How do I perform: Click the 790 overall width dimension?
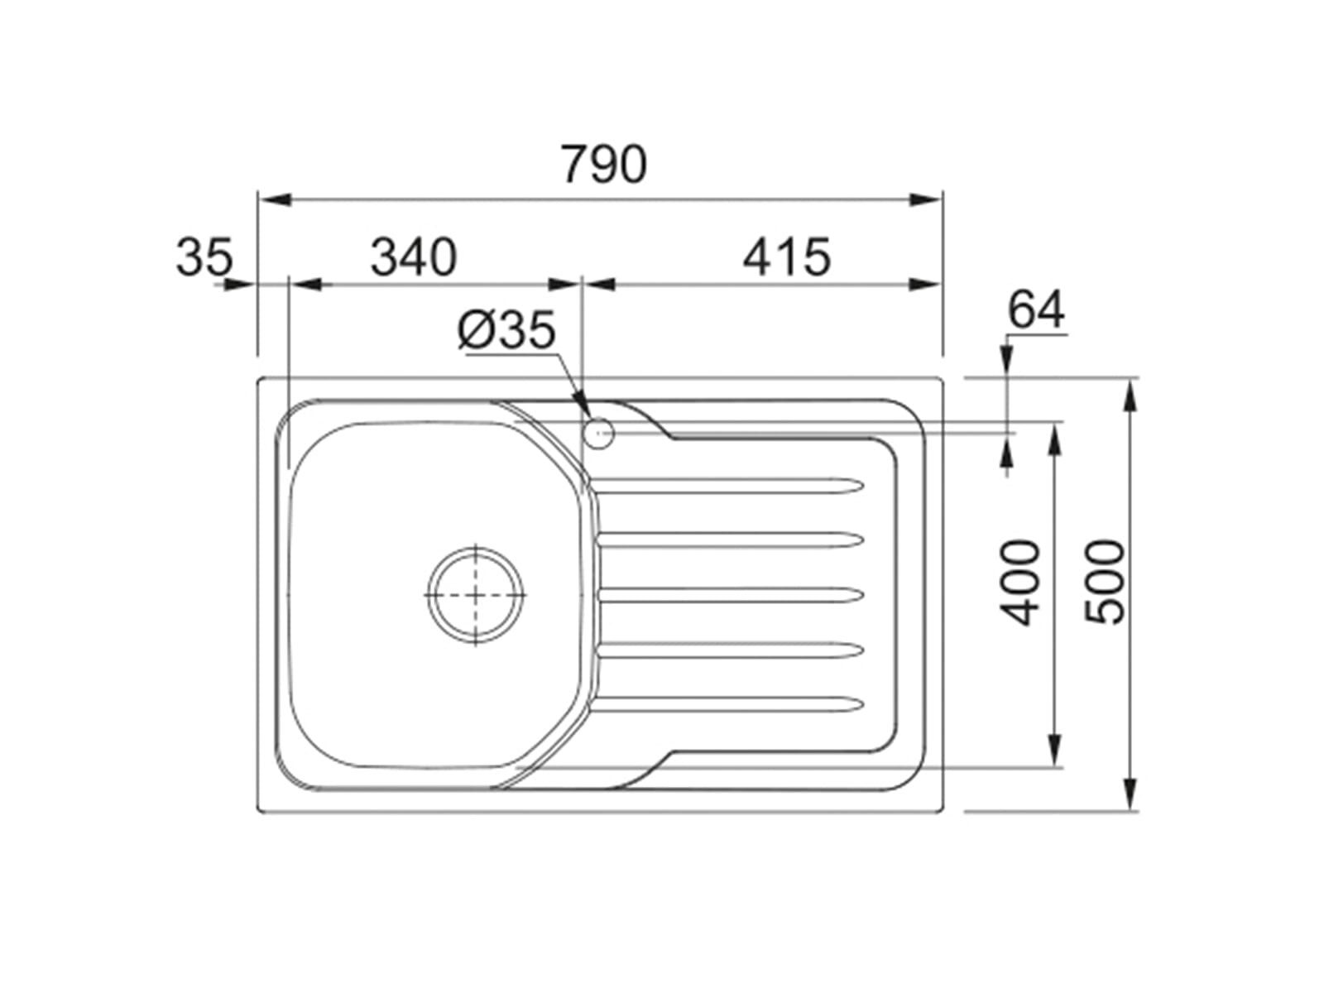click(x=604, y=163)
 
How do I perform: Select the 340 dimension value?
click(x=414, y=257)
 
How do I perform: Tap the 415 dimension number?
click(x=787, y=257)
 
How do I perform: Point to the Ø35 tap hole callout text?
click(x=506, y=330)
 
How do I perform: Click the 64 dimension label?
click(x=1036, y=309)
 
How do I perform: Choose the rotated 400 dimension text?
click(x=1020, y=583)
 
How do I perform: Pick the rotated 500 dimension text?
click(x=1105, y=583)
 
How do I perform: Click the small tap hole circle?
click(x=599, y=434)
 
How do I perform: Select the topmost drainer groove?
click(x=731, y=486)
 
